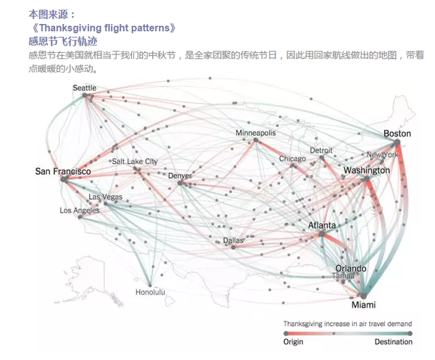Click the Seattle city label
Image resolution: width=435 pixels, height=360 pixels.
coord(84,88)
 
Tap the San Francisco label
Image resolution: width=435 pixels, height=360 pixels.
coord(63,171)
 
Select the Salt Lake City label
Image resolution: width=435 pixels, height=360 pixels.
coord(134,161)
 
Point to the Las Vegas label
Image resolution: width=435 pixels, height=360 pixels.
coord(105,197)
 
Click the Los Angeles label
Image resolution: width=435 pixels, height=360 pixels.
coord(80,210)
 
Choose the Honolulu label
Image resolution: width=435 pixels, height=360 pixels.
coord(150,292)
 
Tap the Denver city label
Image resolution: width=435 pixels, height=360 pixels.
coord(181,176)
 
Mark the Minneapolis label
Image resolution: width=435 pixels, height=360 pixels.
coord(255,134)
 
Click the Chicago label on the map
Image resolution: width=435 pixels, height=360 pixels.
coord(292,158)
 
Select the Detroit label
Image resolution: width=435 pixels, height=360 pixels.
coord(321,150)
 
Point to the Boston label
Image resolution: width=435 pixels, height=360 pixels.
coord(397,134)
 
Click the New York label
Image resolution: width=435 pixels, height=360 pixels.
coord(382,155)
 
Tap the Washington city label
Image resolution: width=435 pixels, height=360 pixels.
coord(366,171)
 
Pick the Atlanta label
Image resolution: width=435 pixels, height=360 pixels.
coord(322,226)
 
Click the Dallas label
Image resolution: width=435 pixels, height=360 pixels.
coord(233,240)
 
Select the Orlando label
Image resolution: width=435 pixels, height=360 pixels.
coord(350,269)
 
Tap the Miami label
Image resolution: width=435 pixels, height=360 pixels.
coord(363,305)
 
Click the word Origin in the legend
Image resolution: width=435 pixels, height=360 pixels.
coord(294,341)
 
